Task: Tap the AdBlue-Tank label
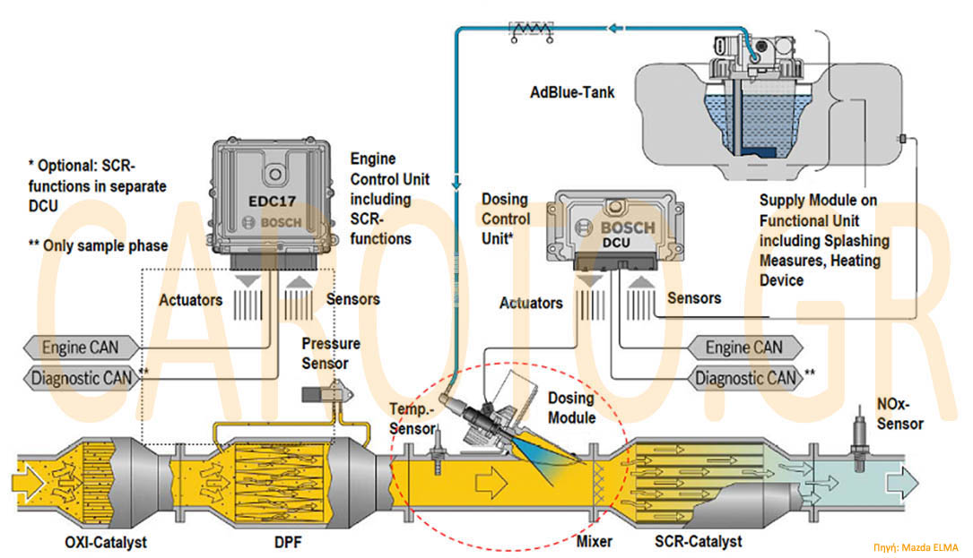click(572, 91)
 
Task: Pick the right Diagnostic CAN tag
click(745, 379)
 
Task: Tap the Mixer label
click(595, 542)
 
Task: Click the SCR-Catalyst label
click(699, 542)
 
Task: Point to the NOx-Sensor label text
click(899, 414)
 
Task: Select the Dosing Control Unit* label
click(506, 219)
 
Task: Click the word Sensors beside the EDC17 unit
click(352, 299)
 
